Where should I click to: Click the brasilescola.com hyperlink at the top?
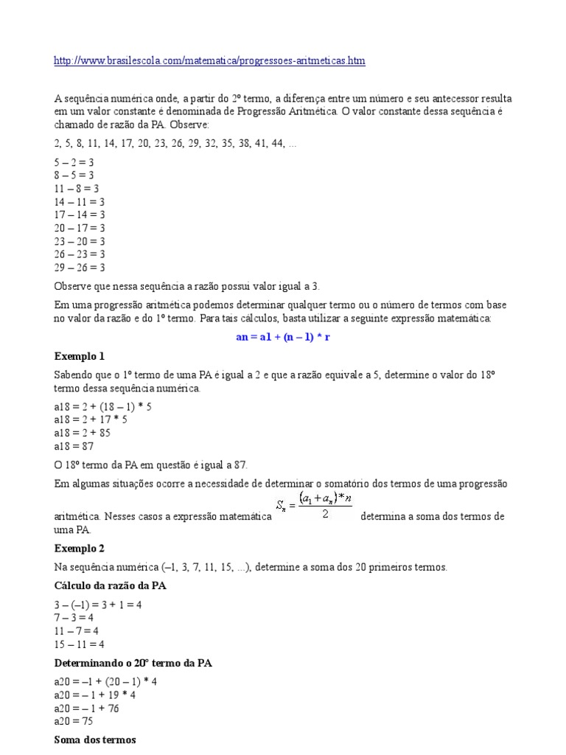click(209, 60)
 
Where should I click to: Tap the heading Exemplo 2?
click(80, 549)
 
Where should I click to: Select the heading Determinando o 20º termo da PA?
click(133, 664)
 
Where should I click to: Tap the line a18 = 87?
click(74, 446)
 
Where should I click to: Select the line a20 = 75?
click(74, 721)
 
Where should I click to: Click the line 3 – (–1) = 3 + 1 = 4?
click(98, 604)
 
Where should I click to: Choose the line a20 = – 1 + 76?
click(86, 708)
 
